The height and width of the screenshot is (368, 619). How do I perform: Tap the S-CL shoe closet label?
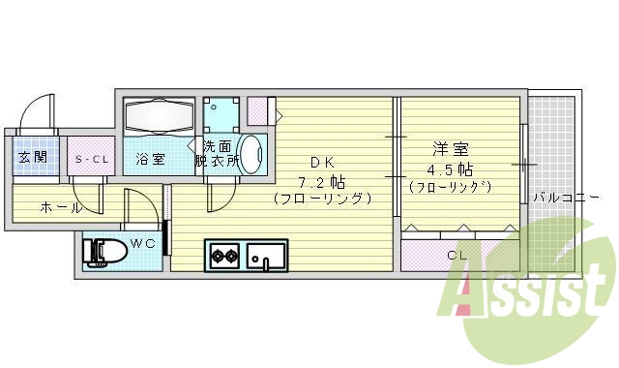(93, 158)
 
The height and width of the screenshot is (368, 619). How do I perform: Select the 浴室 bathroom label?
(151, 158)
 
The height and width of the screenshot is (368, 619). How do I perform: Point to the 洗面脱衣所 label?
(216, 154)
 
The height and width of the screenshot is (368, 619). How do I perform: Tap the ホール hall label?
(60, 207)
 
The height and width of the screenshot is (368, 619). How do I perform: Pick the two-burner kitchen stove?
(225, 257)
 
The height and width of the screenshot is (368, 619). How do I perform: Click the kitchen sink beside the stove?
(266, 257)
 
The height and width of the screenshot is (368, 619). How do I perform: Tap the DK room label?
(322, 162)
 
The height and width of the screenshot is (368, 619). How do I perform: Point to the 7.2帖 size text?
(322, 181)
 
